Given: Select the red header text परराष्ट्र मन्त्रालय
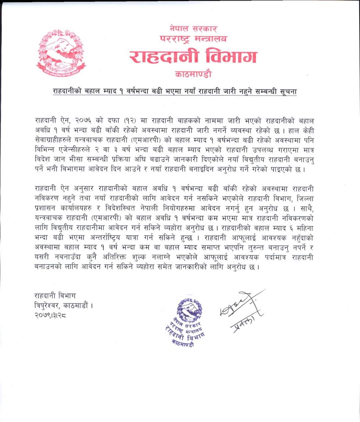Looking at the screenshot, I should (193, 39).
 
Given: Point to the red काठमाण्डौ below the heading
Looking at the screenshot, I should (193, 73).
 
